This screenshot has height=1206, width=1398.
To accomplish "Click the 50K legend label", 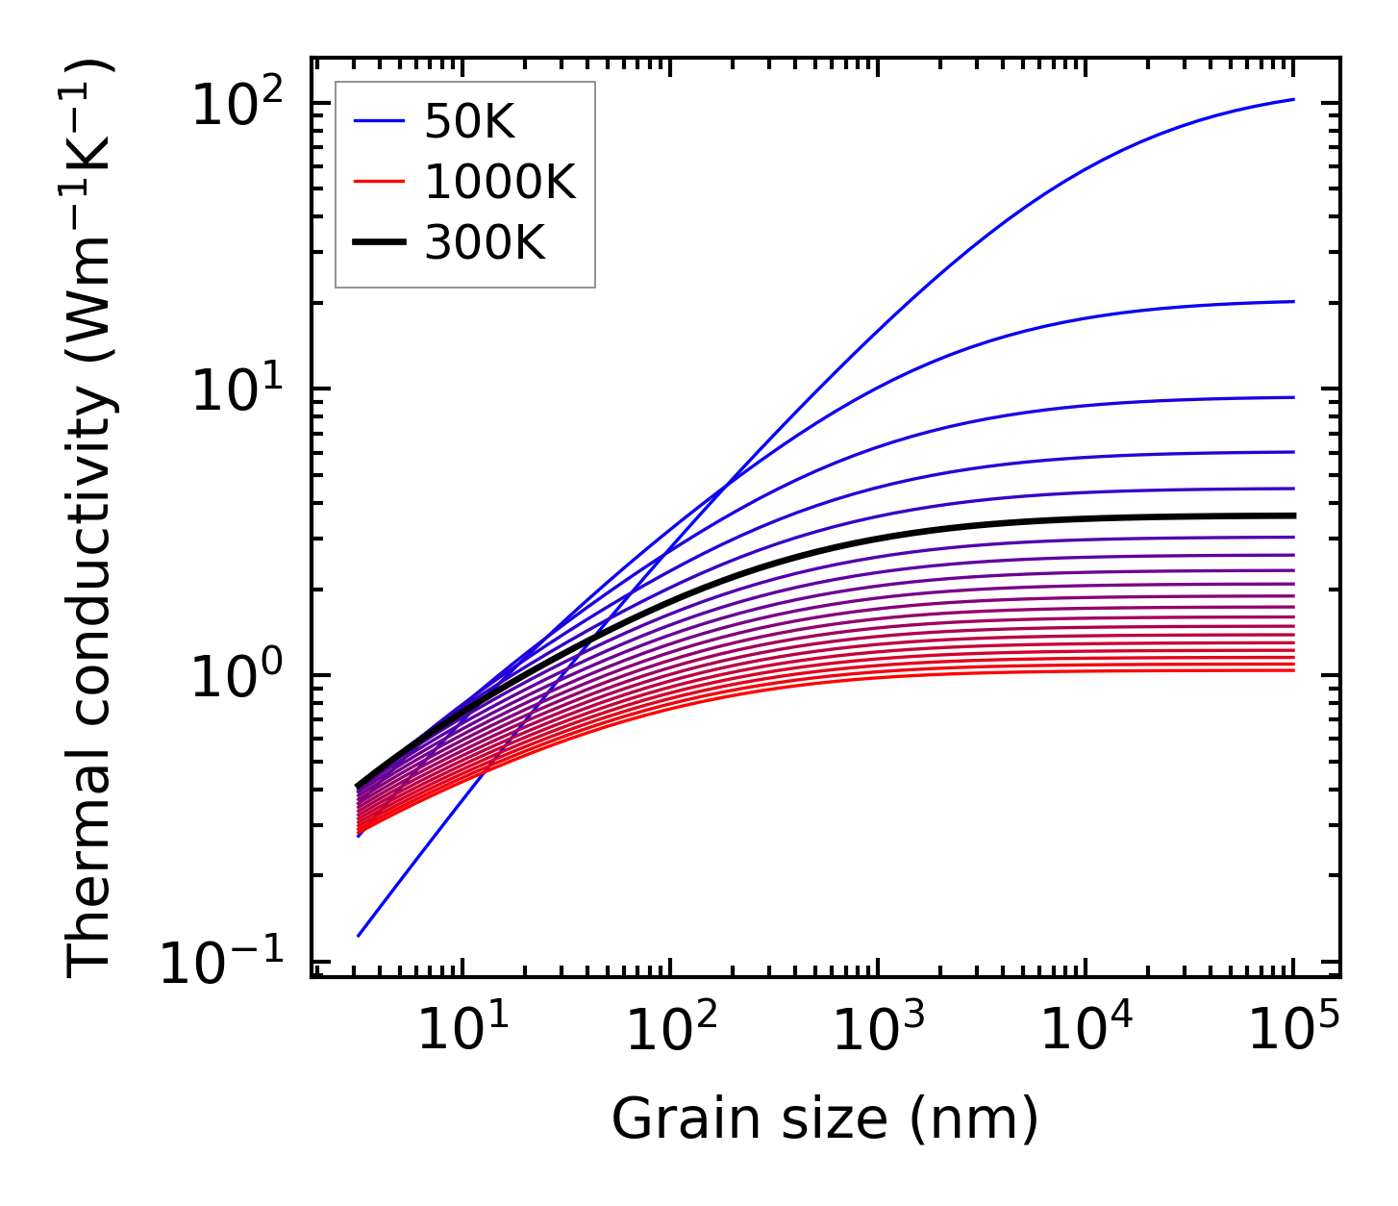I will [469, 122].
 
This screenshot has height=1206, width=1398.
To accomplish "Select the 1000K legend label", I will [499, 182].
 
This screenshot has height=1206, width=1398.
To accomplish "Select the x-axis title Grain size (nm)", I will [825, 1119].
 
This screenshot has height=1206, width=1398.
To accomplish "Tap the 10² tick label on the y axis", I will [237, 103].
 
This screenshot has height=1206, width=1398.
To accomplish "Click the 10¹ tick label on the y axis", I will [237, 389].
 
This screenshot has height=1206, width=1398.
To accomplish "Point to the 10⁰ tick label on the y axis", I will [237, 675].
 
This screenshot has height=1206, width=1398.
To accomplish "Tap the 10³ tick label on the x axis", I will [878, 1030].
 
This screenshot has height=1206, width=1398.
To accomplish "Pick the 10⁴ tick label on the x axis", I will [1086, 1030].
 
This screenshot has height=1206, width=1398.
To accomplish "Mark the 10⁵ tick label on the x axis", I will [1294, 1030].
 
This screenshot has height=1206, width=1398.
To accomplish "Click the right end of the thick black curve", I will [1294, 515].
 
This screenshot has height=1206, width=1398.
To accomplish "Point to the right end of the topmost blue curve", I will [1294, 99].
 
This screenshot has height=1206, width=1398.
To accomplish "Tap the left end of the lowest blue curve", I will [358, 935].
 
